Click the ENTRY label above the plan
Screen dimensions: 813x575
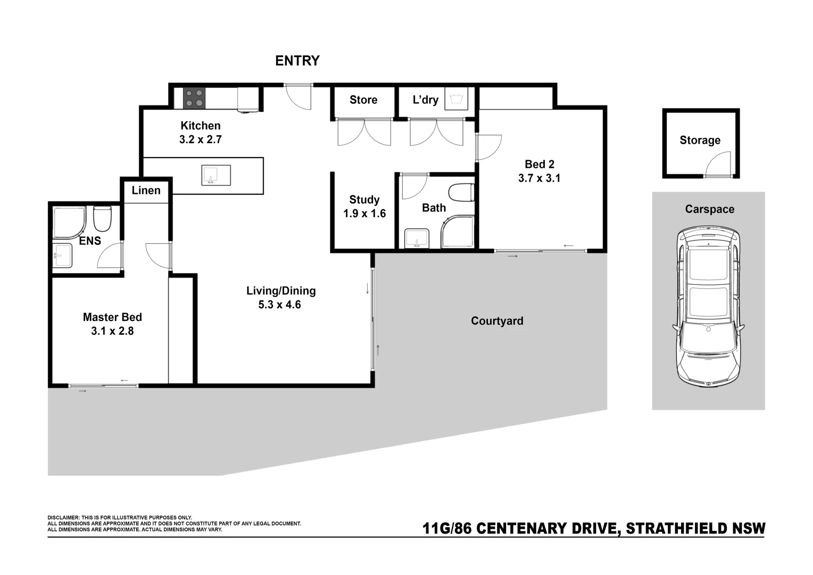coord(297,61)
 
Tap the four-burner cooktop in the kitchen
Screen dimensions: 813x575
coord(194,98)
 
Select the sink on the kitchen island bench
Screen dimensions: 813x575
coord(216,175)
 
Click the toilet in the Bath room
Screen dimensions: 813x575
coord(461,193)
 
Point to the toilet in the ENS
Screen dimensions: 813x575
coord(102,219)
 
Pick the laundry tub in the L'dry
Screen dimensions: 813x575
coord(456,98)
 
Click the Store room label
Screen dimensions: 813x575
coord(363,100)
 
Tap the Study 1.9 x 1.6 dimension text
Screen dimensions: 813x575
coord(364,213)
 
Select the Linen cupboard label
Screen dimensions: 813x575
coord(146,190)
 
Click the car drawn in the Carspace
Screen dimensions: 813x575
coord(708,307)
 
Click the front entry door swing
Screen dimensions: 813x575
coord(298,97)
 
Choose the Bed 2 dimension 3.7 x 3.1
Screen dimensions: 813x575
coord(539,178)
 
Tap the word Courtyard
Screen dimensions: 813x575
coord(497,321)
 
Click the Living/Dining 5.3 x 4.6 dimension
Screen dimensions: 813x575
coord(279,305)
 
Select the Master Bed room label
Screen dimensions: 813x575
coord(112,317)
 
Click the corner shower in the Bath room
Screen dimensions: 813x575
coord(458,232)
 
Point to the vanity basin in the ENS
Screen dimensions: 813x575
coord(63,255)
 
